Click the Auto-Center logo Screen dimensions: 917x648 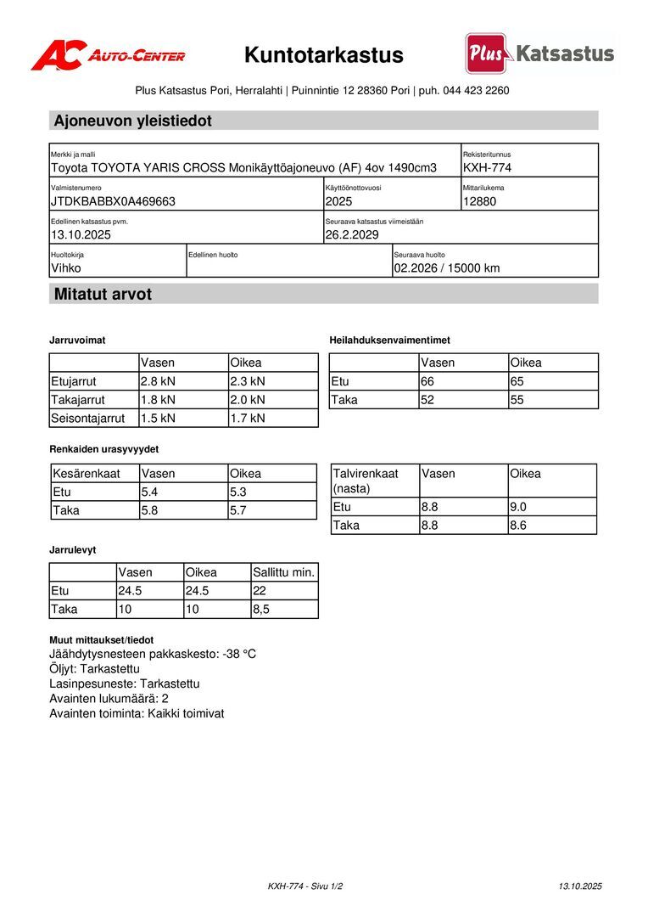pos(108,55)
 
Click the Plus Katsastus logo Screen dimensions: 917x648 pos(539,54)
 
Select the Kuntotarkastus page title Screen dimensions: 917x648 pos(324,56)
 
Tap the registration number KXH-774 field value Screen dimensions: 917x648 pos(487,167)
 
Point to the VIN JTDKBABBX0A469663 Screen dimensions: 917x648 pos(113,201)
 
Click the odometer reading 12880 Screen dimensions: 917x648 pos(480,201)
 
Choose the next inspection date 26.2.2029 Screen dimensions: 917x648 pos(352,234)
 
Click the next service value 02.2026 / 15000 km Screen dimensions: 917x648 pos(446,268)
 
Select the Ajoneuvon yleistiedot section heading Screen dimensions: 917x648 pos(133,121)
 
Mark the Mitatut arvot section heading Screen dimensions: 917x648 pos(103,295)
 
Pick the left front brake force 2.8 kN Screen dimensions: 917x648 pos(158,381)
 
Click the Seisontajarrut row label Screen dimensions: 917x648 pos(88,418)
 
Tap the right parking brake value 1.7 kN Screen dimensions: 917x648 pos(248,418)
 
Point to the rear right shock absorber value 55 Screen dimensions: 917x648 pos(517,399)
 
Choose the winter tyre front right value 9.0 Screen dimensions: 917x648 pos(518,507)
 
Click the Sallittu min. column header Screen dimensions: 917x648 pos(283,572)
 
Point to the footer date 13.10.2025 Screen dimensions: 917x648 pos(579,886)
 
